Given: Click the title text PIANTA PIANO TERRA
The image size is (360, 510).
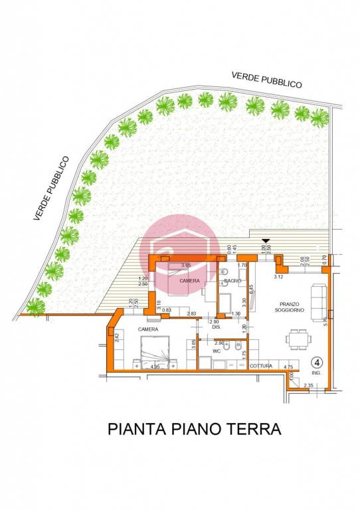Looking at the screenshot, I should click(x=194, y=429).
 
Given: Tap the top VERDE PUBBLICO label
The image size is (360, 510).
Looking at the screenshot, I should click(x=267, y=80).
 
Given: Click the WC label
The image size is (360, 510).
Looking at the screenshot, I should click(x=217, y=350).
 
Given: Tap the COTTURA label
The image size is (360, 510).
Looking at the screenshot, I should click(x=260, y=366).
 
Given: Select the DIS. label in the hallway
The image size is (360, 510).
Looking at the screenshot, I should click(x=216, y=327).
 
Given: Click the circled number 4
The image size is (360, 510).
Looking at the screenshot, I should click(x=317, y=362).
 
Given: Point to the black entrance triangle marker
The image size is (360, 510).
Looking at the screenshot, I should click(x=266, y=242).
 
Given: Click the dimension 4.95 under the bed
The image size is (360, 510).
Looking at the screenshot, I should click(x=155, y=367).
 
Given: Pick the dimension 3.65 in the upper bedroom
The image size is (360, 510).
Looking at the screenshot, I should click(x=186, y=265).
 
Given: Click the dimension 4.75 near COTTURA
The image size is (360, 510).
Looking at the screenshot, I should click(x=288, y=366).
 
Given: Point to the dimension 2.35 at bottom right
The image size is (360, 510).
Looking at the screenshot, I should click(x=308, y=385).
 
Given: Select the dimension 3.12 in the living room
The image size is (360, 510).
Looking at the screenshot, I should click(x=278, y=276).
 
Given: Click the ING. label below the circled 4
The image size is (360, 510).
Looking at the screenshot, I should click(x=317, y=374).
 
